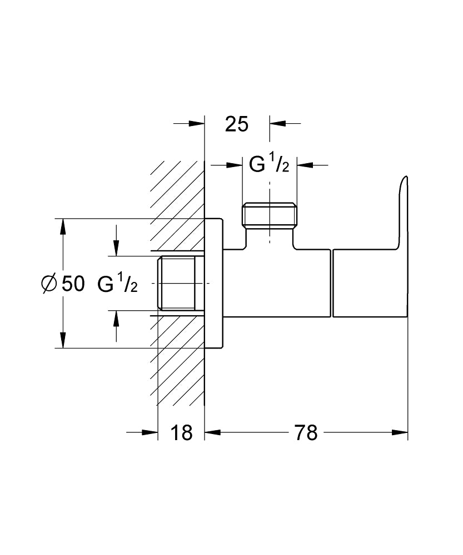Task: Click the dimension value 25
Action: click(236, 124)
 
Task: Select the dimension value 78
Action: click(306, 432)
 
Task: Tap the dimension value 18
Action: click(181, 432)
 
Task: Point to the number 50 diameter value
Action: click(73, 284)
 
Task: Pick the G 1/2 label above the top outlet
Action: click(269, 165)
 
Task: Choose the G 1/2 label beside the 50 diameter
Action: click(117, 284)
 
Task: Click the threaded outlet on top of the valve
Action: click(270, 216)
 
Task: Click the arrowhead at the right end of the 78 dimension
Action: click(401, 432)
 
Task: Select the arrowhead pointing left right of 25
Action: click(277, 123)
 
